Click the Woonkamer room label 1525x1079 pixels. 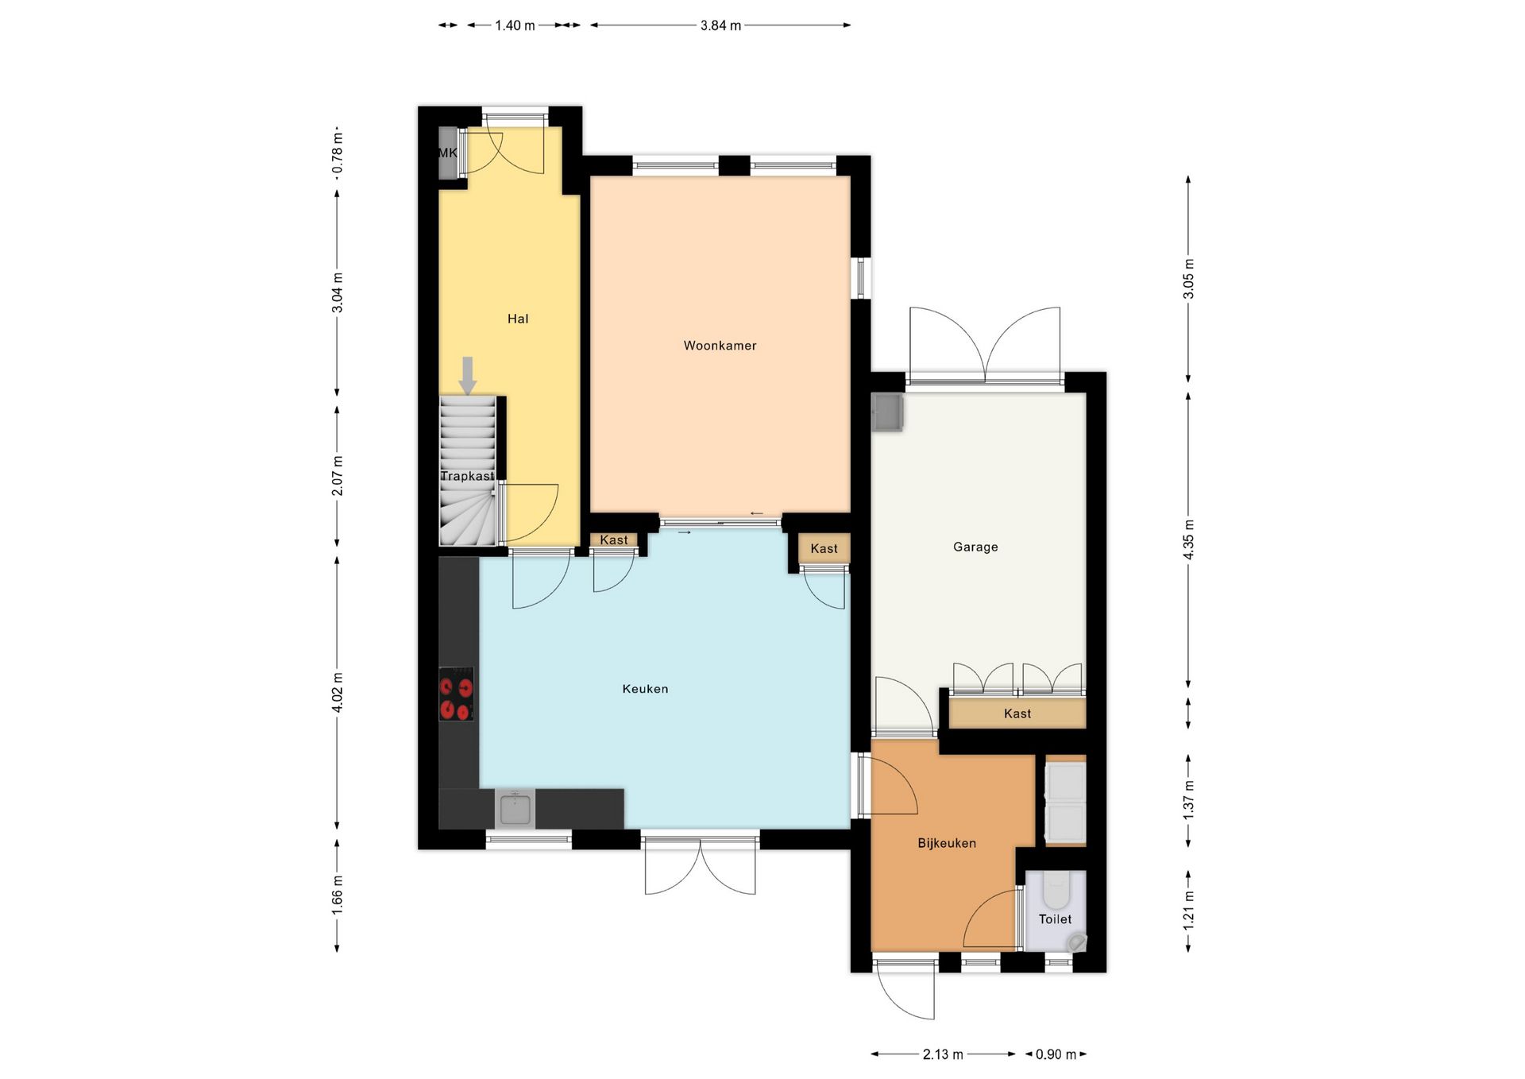pyautogui.click(x=720, y=346)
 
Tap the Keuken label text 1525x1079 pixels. pyautogui.click(x=645, y=689)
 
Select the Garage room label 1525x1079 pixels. pyautogui.click(x=975, y=547)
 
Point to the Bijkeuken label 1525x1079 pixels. pyautogui.click(x=947, y=843)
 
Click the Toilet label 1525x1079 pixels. pyautogui.click(x=1055, y=919)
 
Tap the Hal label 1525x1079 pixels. pyautogui.click(x=518, y=319)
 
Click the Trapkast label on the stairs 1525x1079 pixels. pyautogui.click(x=467, y=476)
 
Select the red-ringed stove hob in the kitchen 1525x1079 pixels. pyautogui.click(x=457, y=694)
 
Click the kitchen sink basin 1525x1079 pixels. pyautogui.click(x=515, y=809)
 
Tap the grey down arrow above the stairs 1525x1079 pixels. pyautogui.click(x=468, y=376)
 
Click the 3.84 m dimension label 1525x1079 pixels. pyautogui.click(x=720, y=25)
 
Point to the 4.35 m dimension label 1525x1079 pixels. pyautogui.click(x=1188, y=539)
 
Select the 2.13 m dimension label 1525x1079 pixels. pyautogui.click(x=943, y=1054)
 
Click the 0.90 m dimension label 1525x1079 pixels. pyautogui.click(x=1056, y=1054)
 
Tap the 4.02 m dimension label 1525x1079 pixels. pyautogui.click(x=338, y=692)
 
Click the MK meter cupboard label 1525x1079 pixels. pyautogui.click(x=447, y=153)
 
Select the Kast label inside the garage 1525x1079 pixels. pyautogui.click(x=1017, y=714)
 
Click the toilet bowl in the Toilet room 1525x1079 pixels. pyautogui.click(x=1056, y=891)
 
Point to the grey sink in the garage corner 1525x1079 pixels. pyautogui.click(x=887, y=412)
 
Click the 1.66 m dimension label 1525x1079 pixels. pyautogui.click(x=338, y=895)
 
